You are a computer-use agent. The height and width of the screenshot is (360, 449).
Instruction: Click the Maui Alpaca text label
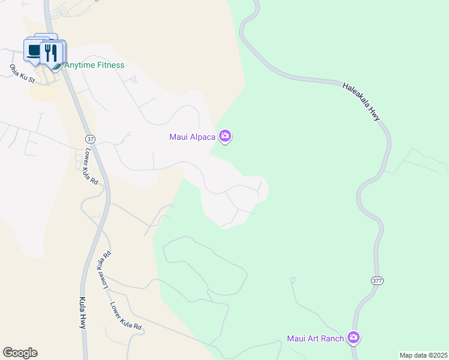pos(192,137)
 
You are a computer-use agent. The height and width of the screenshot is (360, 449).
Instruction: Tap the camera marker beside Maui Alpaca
pos(225,137)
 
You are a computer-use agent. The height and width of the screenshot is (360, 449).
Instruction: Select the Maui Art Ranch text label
pos(315,338)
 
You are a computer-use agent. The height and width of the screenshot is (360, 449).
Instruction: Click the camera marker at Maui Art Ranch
pos(354,338)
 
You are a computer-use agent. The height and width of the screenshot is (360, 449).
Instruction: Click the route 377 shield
pos(376,280)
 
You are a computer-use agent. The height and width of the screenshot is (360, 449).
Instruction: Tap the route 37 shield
pos(89,139)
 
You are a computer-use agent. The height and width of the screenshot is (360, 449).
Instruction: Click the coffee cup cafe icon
pos(33,51)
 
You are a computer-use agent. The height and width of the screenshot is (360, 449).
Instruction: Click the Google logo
pos(20,353)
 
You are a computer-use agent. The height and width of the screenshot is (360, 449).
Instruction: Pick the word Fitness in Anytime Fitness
pos(109,65)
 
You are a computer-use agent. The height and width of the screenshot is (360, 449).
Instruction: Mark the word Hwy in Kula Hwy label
pos(82,321)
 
